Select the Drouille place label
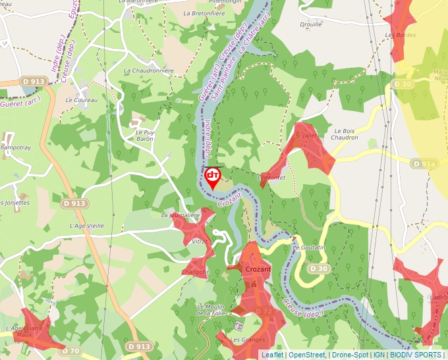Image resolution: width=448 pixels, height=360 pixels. click(310, 24)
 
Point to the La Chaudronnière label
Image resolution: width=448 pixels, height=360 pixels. click(148, 70)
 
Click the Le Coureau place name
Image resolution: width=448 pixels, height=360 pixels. click(81, 100)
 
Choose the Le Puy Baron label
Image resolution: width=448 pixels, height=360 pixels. click(144, 136)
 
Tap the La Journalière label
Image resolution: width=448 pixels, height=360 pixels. click(180, 215)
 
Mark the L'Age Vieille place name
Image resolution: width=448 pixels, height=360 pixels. click(87, 225)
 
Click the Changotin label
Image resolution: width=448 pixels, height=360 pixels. click(196, 272)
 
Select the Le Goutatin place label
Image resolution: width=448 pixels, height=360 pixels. click(309, 247)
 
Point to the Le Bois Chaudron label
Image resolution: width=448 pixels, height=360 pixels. click(346, 134)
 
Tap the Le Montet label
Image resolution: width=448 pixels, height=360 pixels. click(271, 178)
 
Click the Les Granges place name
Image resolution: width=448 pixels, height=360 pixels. click(250, 340)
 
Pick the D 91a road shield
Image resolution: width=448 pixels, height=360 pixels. click(424, 163)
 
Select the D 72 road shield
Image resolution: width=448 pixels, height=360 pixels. click(263, 311)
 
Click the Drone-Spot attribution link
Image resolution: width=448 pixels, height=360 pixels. click(350, 355)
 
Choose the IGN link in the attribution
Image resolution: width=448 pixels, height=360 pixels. click(379, 355)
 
